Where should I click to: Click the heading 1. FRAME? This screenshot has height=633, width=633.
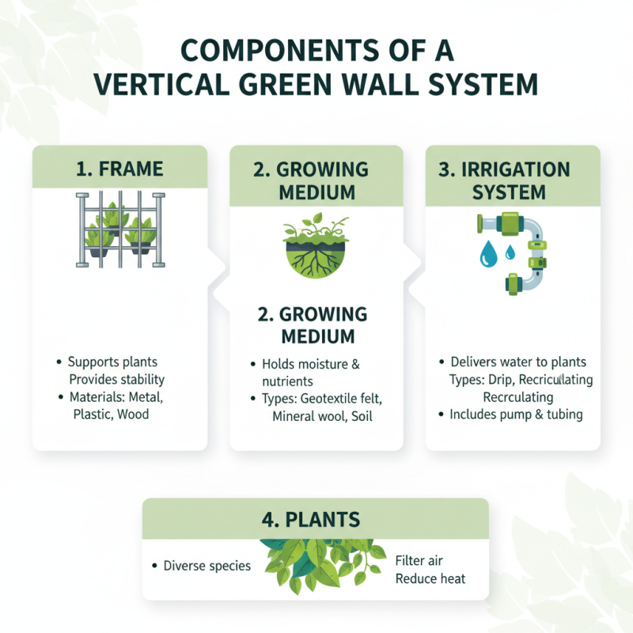click(119, 168)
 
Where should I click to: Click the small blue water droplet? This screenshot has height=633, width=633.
click(510, 252)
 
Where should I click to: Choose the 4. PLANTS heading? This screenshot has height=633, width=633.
click(316, 519)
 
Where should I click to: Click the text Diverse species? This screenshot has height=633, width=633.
click(207, 566)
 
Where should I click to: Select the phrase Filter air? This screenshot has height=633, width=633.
click(419, 561)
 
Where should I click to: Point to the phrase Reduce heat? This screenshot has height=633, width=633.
click(430, 578)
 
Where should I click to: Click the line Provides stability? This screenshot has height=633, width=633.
click(117, 380)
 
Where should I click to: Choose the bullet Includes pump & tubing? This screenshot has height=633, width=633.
click(516, 414)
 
